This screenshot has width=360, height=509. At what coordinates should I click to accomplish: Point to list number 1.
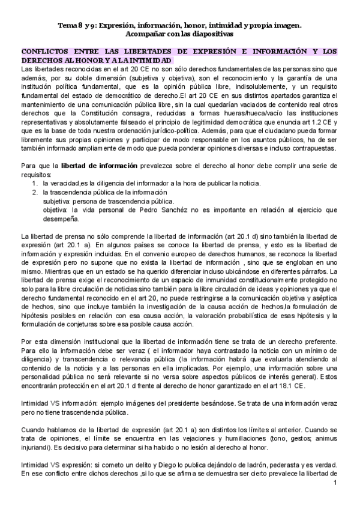[x=34, y=182]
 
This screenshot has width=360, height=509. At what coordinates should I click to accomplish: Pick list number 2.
[x=34, y=191]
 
